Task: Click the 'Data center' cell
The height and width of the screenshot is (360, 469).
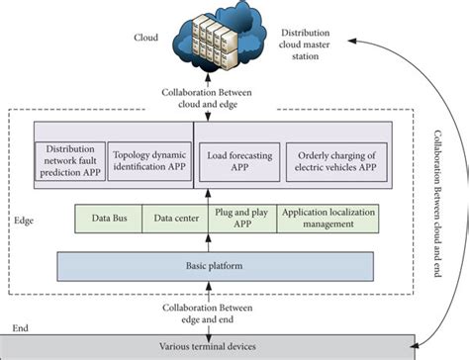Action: click(175, 218)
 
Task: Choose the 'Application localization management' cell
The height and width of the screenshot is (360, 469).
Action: click(318, 218)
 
